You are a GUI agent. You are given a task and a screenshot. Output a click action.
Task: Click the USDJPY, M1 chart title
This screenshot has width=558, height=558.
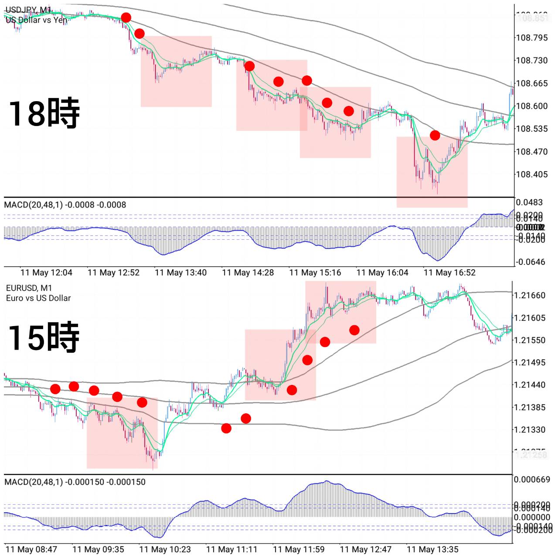(28, 10)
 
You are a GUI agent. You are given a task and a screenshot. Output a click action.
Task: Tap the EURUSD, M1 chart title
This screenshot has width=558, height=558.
(29, 288)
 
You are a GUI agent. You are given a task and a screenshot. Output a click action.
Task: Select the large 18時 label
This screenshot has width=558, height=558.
(44, 113)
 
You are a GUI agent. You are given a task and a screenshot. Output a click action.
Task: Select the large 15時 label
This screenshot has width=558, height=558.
(44, 337)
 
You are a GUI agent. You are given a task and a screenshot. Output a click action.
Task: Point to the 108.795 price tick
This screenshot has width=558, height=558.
(531, 38)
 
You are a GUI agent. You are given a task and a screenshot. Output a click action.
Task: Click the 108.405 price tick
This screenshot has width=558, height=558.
(531, 174)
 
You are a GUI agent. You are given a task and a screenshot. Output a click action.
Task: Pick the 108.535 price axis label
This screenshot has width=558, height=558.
(531, 129)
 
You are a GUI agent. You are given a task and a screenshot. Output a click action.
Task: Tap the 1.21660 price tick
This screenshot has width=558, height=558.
(530, 296)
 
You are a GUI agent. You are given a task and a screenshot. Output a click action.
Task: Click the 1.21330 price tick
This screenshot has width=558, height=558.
(530, 430)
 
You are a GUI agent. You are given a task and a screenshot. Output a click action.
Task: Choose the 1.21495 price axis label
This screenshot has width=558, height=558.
(530, 363)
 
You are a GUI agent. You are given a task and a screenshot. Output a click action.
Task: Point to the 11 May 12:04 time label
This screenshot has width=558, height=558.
(46, 273)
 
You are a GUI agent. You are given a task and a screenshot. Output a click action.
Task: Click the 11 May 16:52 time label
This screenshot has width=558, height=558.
(449, 273)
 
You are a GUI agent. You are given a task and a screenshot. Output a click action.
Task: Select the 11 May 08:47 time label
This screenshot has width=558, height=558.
(31, 550)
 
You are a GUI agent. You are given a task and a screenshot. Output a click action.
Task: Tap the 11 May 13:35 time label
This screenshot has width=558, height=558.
(432, 550)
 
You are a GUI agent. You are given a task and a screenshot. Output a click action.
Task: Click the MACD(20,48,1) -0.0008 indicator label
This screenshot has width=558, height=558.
(65, 205)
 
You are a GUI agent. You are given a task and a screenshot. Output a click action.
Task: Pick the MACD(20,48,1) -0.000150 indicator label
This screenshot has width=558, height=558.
(75, 482)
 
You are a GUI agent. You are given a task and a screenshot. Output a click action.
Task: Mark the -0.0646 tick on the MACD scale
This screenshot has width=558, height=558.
(530, 262)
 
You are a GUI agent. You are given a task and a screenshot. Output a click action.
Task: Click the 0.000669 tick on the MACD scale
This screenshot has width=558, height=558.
(532, 480)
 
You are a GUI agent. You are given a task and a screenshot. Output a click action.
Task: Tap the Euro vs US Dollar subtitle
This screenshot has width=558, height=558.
(38, 298)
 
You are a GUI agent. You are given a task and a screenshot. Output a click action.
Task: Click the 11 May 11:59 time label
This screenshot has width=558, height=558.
(299, 550)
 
